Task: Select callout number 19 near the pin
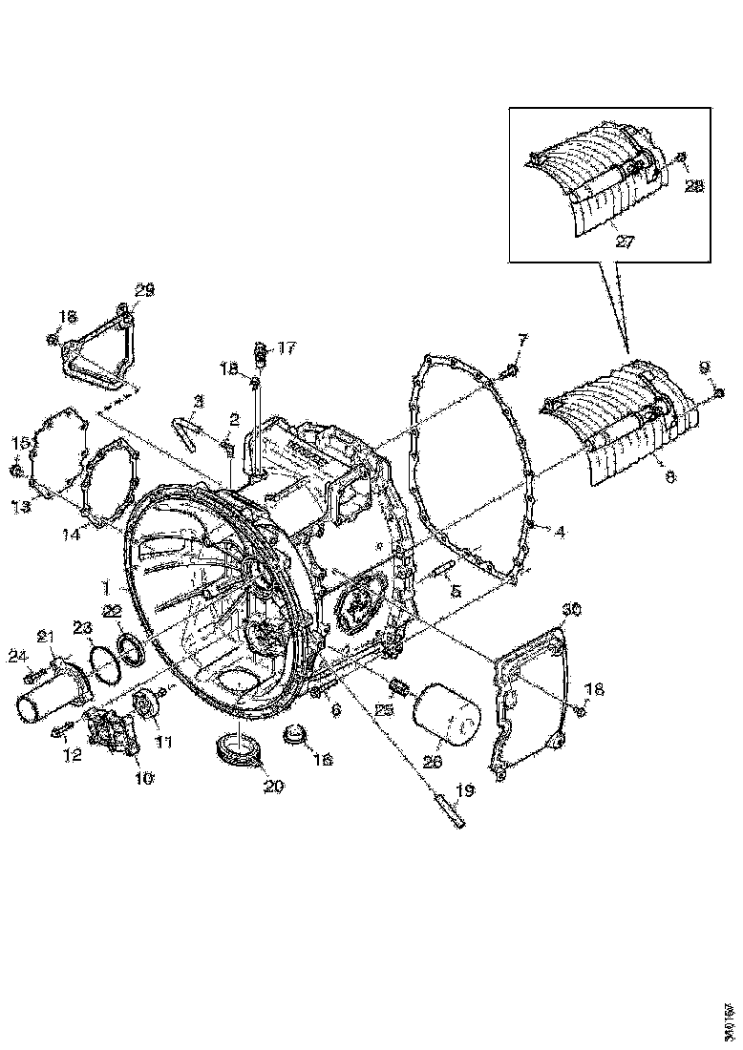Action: point(464,790)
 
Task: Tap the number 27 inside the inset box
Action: point(625,242)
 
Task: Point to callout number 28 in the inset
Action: point(694,186)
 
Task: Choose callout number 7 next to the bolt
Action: point(522,341)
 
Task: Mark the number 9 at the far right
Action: point(704,366)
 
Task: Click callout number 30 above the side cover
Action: point(571,609)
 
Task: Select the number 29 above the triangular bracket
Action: point(144,289)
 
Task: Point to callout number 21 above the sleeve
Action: point(45,637)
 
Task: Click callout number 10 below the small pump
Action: point(143,778)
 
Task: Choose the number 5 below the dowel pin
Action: point(456,592)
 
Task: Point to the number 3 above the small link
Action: point(199,400)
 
